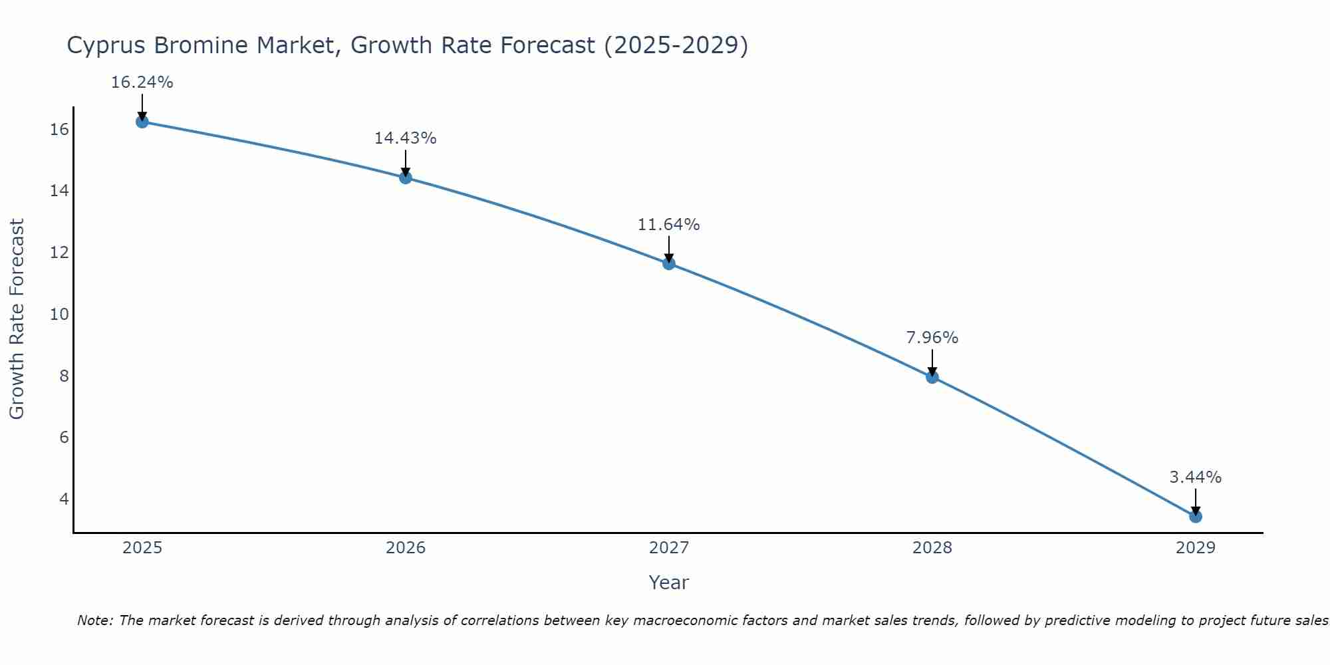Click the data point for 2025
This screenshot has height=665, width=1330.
click(142, 122)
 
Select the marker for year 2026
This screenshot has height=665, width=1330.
click(406, 178)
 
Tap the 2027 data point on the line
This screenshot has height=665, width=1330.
click(669, 263)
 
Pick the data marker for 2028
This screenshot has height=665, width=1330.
click(932, 377)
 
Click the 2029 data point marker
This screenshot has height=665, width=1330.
click(1196, 517)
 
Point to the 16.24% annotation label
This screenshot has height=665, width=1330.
click(142, 82)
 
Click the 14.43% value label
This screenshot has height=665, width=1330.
click(406, 138)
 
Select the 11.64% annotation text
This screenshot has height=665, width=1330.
click(669, 225)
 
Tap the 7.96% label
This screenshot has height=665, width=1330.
click(932, 338)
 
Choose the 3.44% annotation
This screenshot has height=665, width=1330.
click(1196, 477)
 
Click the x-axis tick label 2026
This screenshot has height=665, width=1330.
click(406, 548)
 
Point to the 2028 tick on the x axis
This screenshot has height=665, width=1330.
click(932, 548)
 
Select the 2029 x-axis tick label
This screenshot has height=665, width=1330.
click(1196, 548)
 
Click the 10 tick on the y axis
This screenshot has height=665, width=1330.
click(60, 314)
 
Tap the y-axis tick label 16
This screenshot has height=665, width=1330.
click(60, 129)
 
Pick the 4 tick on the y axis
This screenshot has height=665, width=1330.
click(64, 499)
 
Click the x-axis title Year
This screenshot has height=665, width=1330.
click(669, 583)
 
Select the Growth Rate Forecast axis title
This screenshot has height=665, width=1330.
click(17, 319)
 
